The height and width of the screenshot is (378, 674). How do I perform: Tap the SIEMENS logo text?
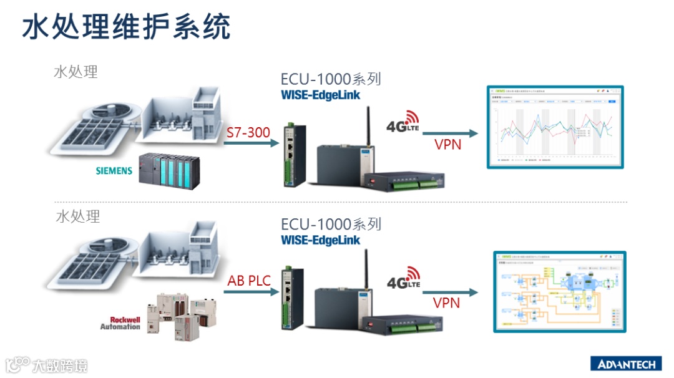[x=114, y=170]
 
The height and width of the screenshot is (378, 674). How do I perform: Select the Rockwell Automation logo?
[x=120, y=322]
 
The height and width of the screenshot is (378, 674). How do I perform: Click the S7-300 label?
[x=247, y=132]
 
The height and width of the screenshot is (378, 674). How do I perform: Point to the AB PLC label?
[x=249, y=281]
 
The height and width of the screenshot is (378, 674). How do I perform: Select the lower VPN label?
[x=446, y=303]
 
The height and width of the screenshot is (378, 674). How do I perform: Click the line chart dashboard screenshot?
[x=555, y=127]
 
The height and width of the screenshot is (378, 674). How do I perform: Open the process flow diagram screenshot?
[x=559, y=291]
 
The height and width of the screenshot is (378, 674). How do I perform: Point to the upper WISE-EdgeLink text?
[x=320, y=95]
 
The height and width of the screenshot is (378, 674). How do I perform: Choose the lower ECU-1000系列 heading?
[x=331, y=224]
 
